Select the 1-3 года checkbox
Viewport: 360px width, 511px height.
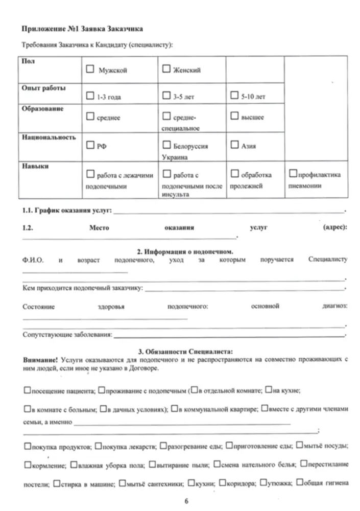(90, 95)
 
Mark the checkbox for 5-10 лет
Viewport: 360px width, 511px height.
(234, 95)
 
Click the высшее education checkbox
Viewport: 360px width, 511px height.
(234, 117)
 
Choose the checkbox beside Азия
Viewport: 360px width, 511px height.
(234, 145)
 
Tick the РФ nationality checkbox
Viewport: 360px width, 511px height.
(90, 145)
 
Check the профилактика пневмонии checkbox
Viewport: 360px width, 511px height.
(293, 174)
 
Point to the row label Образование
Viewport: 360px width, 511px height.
(43, 109)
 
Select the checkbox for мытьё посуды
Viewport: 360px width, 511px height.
(299, 446)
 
